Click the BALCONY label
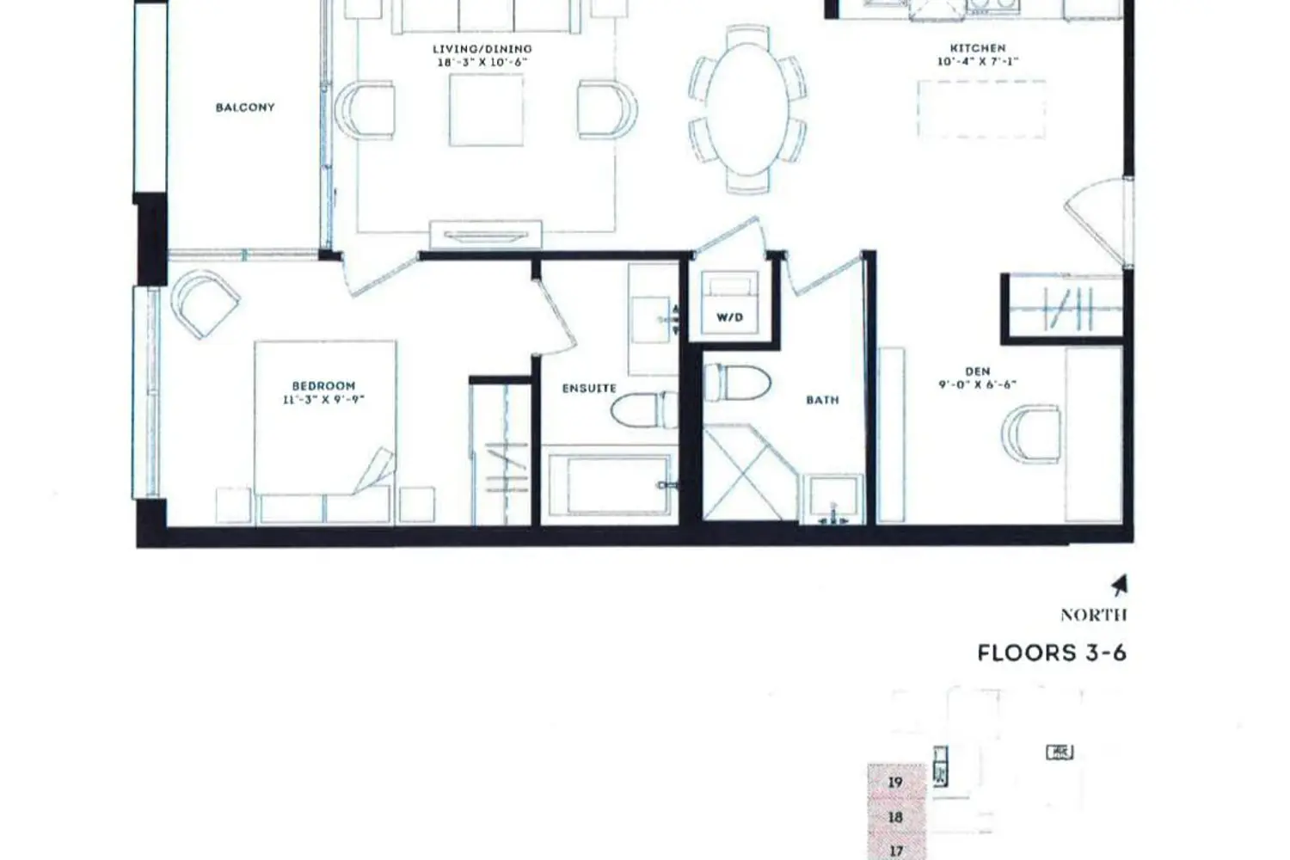[245, 107]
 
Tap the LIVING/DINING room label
[482, 49]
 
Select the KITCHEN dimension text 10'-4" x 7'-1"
[978, 61]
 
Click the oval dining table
[747, 109]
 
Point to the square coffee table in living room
[486, 110]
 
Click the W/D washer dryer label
[729, 317]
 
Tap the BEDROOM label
[323, 386]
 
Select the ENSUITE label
[589, 388]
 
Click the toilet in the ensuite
[644, 410]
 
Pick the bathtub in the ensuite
[609, 485]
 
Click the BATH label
[822, 400]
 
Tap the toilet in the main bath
[737, 382]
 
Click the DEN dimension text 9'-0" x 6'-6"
[977, 384]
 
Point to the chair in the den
[1031, 433]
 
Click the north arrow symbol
[1120, 586]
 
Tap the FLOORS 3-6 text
[1052, 654]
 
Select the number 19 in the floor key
[895, 783]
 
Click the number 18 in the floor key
[895, 817]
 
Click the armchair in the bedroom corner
[206, 304]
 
